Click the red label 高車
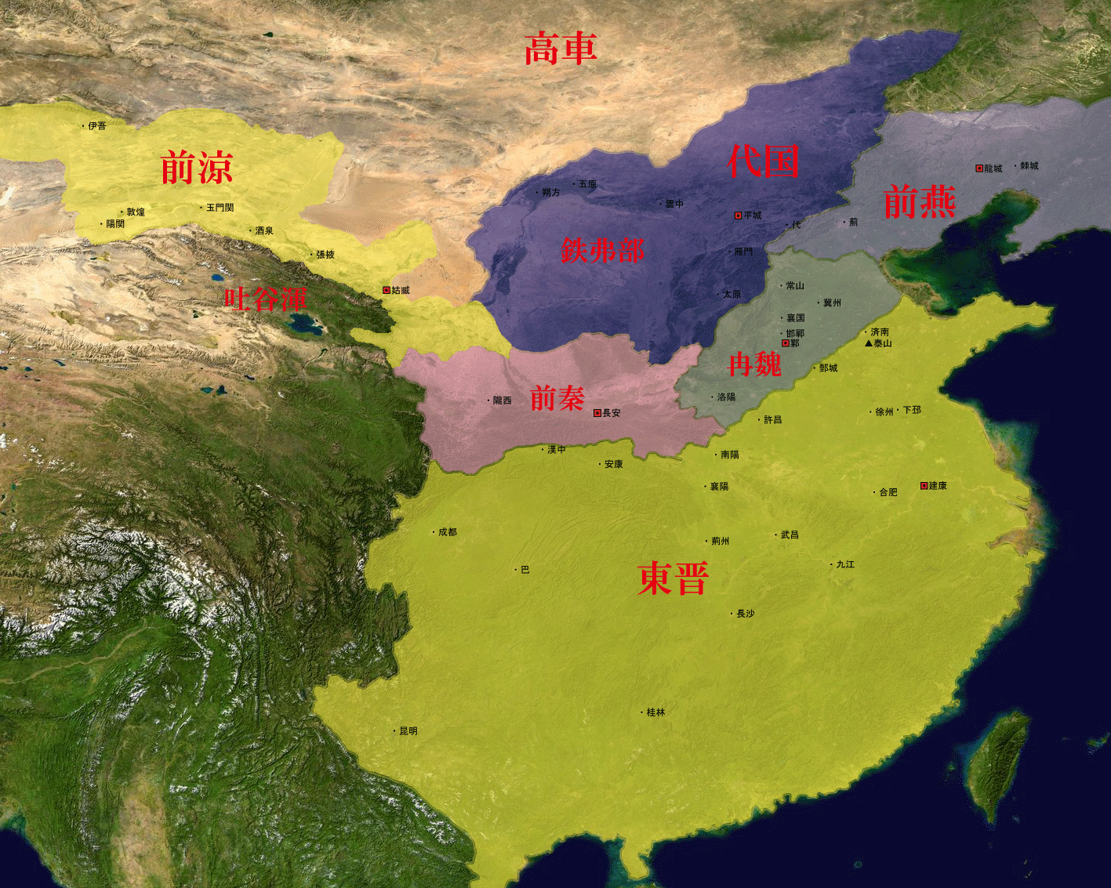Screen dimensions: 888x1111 (x=561, y=49)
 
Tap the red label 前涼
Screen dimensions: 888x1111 (x=197, y=168)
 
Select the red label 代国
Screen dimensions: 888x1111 (x=763, y=161)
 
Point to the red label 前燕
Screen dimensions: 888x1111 (x=919, y=201)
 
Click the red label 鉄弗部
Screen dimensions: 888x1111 (x=602, y=251)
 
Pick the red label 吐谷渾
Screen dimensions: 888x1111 (x=266, y=299)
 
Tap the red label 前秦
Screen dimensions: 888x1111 (x=557, y=398)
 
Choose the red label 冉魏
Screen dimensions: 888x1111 (x=754, y=364)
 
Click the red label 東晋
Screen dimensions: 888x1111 (x=673, y=578)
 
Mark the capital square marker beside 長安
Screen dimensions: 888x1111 (x=597, y=413)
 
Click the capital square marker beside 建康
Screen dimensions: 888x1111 (x=924, y=486)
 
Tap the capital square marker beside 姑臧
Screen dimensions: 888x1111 (x=386, y=290)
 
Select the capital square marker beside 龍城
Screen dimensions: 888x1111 (x=979, y=169)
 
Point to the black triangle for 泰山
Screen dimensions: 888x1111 (x=869, y=343)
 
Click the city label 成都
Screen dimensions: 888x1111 (x=447, y=532)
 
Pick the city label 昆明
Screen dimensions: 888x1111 (x=408, y=731)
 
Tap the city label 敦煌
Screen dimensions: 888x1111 (x=136, y=212)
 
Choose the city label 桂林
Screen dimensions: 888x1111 (x=655, y=712)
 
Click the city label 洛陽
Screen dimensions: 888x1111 (x=727, y=397)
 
